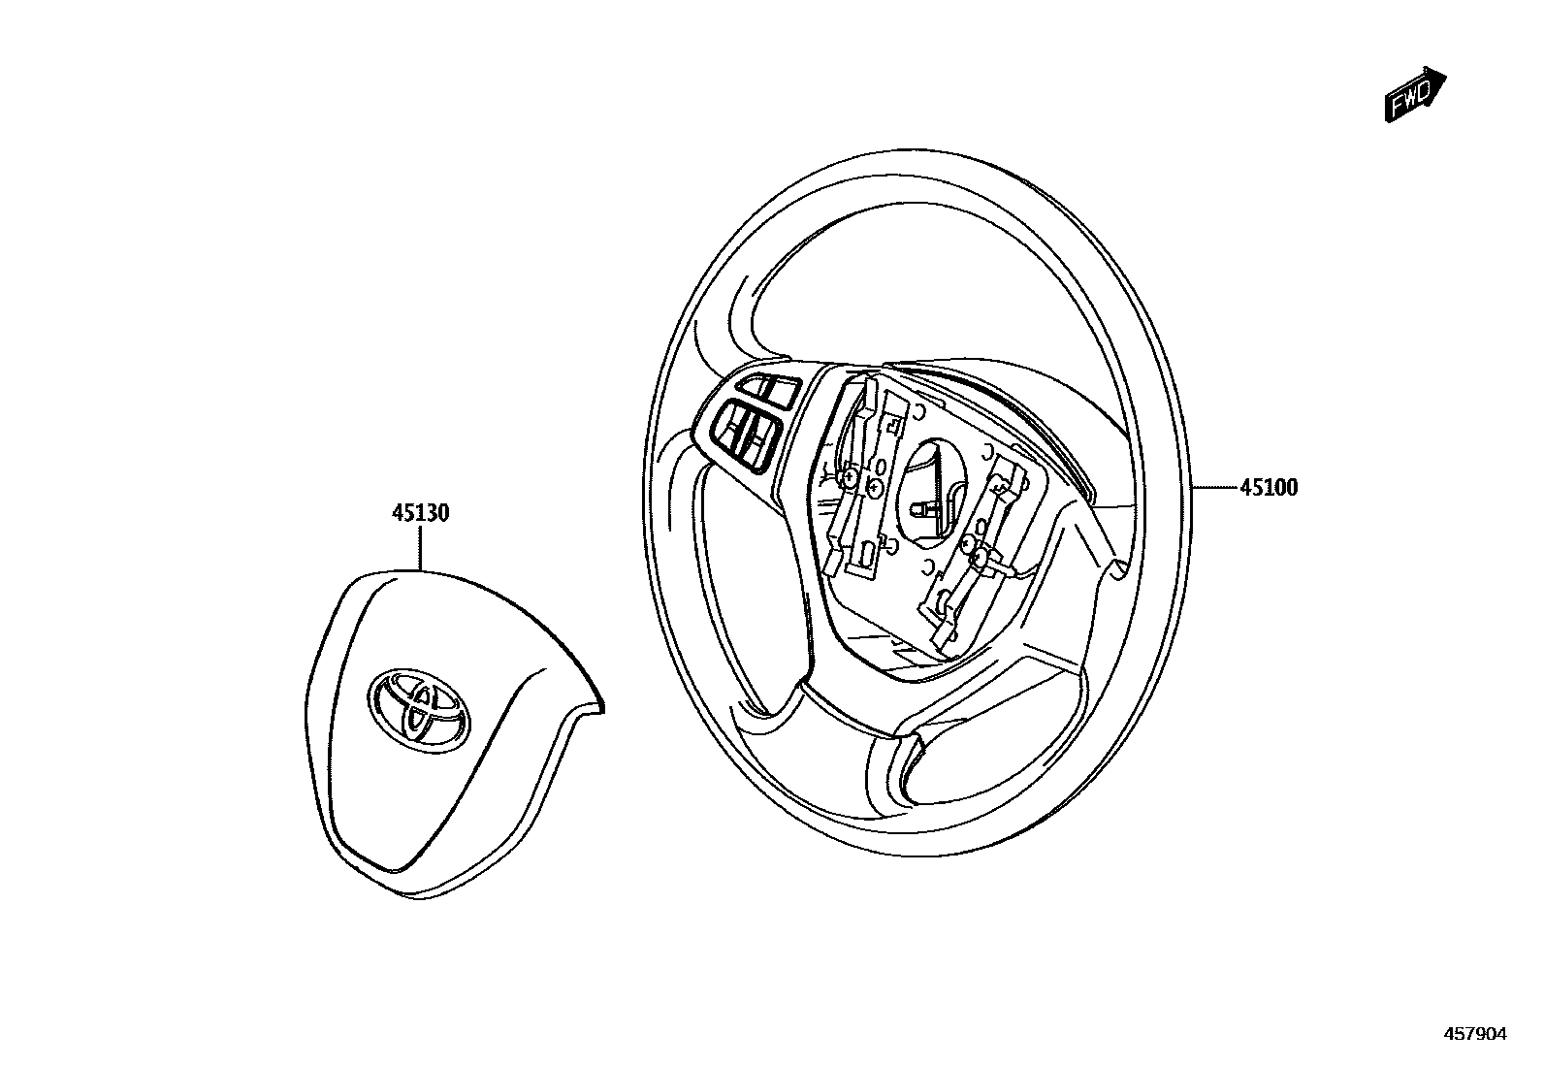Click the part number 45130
tap(420, 513)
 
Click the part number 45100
tap(1268, 488)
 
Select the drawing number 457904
tap(1475, 1035)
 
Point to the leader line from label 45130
tap(420, 547)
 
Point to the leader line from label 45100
tap(1215, 487)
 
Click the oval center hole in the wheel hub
tap(933, 485)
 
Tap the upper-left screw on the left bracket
tap(850, 478)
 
